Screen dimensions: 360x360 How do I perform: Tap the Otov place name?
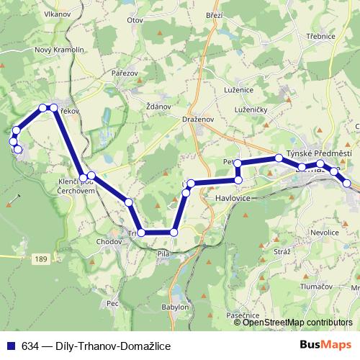coord(135,21)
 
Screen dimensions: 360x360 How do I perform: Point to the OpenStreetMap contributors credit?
coord(297,322)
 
